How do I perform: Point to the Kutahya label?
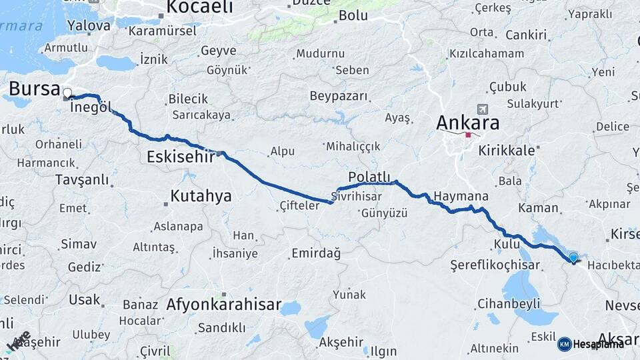pos(201,196)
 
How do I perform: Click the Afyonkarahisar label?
pos(223,305)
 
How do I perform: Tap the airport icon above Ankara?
pos(482,109)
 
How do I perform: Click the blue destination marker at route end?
pos(573,258)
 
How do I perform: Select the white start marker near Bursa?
pos(67,93)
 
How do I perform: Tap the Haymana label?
pos(461,197)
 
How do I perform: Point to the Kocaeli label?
pos(199,7)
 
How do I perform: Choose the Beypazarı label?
pos(339,96)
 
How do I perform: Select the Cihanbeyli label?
pos(509,304)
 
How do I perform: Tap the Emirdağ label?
pos(316,253)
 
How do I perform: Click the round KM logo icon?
pos(565,344)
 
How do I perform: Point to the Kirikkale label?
pos(506,150)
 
